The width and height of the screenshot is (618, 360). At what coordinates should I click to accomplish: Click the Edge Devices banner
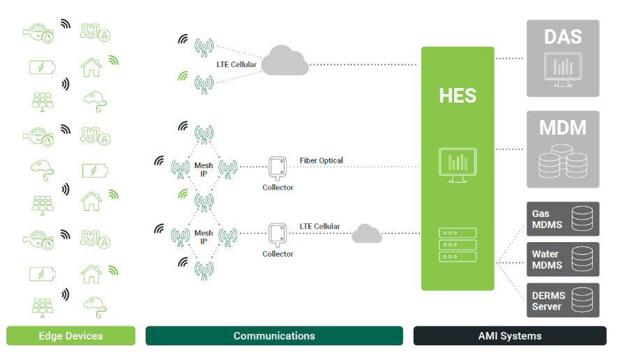click(x=70, y=336)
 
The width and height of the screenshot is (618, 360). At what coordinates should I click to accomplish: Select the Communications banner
click(x=273, y=336)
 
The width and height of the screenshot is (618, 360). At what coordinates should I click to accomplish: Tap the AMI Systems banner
click(x=509, y=336)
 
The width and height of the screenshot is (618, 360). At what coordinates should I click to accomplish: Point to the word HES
click(x=458, y=96)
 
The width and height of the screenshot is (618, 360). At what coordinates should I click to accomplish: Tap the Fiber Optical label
click(x=322, y=160)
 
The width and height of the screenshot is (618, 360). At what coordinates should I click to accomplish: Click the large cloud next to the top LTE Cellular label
click(x=285, y=61)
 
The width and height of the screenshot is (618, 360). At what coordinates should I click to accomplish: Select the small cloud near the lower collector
click(x=367, y=234)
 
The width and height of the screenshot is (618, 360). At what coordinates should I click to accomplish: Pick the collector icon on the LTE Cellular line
click(x=278, y=234)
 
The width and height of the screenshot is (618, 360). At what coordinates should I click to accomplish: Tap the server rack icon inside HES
click(x=458, y=245)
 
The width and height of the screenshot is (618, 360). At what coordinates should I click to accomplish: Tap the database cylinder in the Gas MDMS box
click(x=581, y=219)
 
